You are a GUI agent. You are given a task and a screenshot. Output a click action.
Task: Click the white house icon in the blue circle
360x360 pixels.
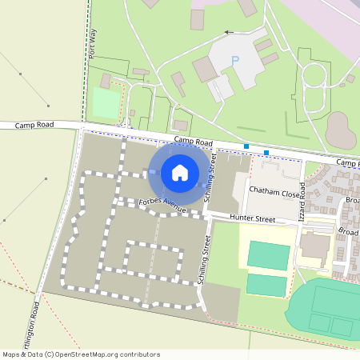click(x=180, y=172)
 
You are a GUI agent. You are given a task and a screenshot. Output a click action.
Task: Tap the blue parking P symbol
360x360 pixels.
click(x=234, y=61)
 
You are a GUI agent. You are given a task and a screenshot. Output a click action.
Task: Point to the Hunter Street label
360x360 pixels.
click(x=252, y=218)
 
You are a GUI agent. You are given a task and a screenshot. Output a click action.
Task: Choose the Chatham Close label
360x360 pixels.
click(x=274, y=192)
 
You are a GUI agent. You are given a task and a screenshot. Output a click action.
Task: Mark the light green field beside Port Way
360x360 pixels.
click(x=106, y=102)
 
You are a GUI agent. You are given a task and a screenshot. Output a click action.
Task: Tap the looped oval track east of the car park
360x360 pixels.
click(x=313, y=81)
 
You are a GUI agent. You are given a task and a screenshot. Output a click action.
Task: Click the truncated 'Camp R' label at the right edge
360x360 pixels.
click(x=347, y=162)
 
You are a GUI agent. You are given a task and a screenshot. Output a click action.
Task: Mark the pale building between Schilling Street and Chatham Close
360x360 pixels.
click(x=238, y=193)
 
